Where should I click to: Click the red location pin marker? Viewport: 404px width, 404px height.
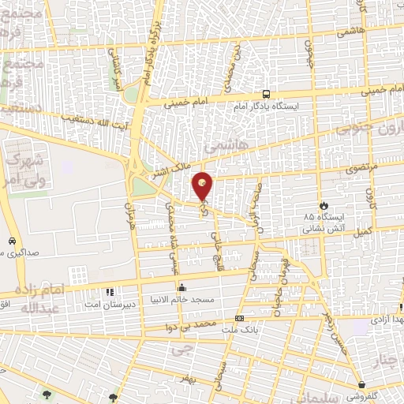pyautogui.click(x=203, y=186)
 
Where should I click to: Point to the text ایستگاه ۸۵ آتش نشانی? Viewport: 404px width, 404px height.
pyautogui.click(x=321, y=222)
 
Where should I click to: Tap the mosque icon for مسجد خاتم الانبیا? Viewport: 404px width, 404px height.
pyautogui.click(x=182, y=287)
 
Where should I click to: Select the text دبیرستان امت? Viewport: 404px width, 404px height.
pyautogui.click(x=109, y=304)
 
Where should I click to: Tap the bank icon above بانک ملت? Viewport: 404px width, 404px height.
pyautogui.click(x=238, y=318)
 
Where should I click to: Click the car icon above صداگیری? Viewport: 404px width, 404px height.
pyautogui.click(x=12, y=241)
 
